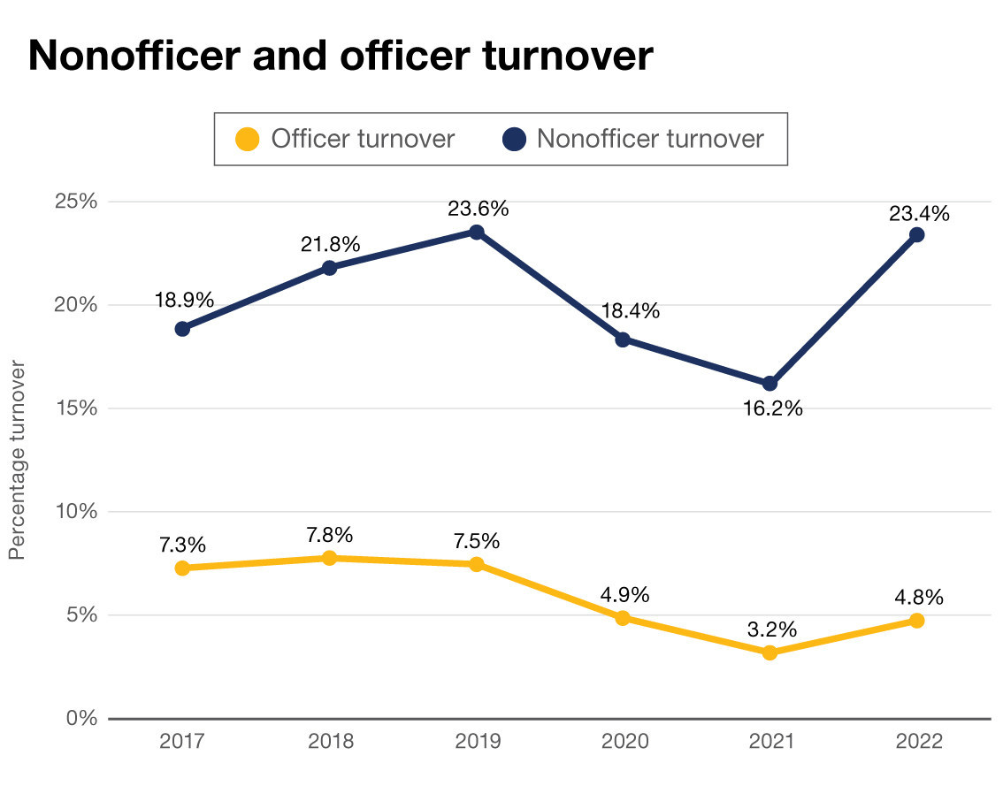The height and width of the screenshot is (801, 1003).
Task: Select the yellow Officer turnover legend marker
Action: [x=249, y=140]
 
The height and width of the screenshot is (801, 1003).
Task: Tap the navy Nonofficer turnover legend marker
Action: [x=514, y=140]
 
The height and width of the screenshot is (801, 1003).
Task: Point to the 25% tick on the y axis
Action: [x=76, y=202]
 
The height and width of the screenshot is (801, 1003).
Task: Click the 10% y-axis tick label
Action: [x=76, y=512]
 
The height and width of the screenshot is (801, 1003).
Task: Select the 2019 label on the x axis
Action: [x=477, y=742]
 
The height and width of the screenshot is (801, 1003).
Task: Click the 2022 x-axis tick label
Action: [x=918, y=742]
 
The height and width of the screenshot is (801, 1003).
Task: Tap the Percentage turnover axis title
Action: [x=16, y=459]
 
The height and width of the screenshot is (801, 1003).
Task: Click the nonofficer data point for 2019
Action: [x=476, y=232]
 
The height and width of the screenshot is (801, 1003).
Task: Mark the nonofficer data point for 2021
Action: [x=769, y=384]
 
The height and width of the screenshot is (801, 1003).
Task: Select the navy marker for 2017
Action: [x=182, y=329]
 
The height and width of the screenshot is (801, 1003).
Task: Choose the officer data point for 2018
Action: [x=329, y=558]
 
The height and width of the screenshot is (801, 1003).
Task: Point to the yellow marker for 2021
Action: [x=769, y=652]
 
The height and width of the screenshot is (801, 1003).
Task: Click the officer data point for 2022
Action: [x=917, y=621]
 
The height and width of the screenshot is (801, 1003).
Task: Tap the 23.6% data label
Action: [x=479, y=210]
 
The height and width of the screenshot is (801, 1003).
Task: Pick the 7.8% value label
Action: [x=331, y=535]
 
